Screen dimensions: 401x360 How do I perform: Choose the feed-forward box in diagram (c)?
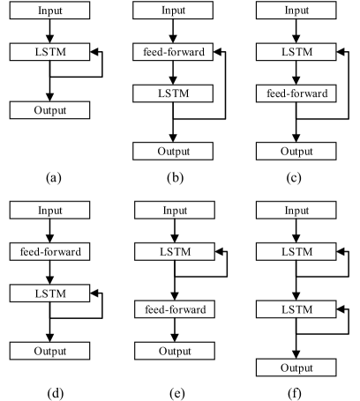click(x=296, y=93)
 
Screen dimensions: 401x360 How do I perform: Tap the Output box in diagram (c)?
click(x=296, y=150)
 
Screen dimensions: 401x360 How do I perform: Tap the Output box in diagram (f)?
click(x=296, y=366)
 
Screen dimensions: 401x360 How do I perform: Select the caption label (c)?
click(x=296, y=177)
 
